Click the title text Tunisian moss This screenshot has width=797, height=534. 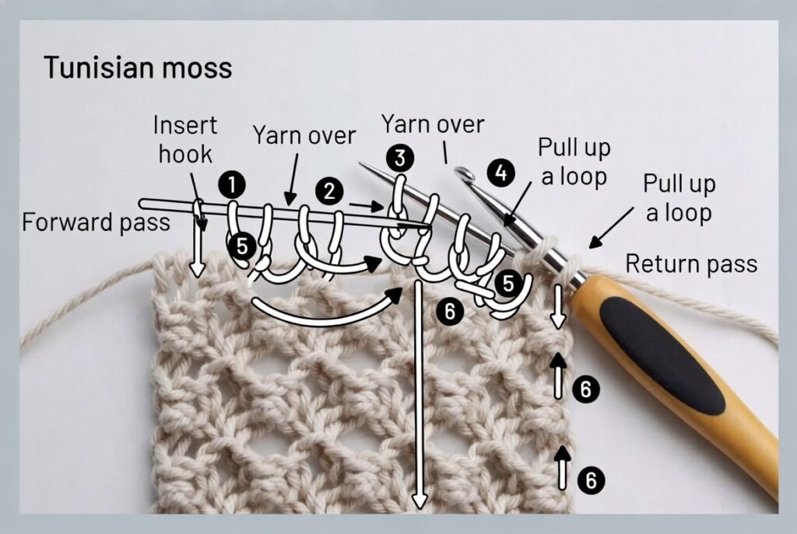(137, 68)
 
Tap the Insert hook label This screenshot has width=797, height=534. (185, 139)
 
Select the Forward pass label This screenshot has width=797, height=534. (96, 223)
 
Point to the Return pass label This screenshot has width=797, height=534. (691, 264)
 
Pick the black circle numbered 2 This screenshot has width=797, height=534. (329, 191)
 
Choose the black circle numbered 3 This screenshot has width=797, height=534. (400, 159)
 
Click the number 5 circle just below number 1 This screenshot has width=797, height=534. (243, 246)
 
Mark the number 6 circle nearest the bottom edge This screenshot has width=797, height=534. (591, 480)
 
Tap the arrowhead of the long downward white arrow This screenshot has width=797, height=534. (420, 501)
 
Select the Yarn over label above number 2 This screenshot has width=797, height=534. (304, 135)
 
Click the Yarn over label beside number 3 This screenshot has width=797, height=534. (433, 124)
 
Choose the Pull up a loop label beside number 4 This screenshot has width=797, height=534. (575, 162)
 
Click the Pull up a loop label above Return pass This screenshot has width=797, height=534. (679, 197)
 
